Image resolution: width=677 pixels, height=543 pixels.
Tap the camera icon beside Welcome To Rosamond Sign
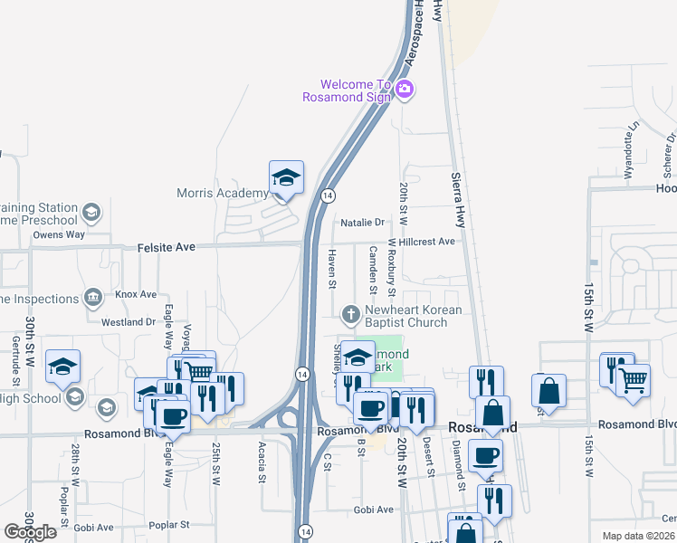point(405,89)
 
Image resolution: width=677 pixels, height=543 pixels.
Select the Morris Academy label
point(223,193)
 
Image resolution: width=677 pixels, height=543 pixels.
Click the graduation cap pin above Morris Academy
point(286,177)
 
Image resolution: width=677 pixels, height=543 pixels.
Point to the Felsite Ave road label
point(167,246)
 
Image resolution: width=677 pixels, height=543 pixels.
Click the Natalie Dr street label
point(363,222)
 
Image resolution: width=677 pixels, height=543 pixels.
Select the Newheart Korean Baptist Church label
point(413,316)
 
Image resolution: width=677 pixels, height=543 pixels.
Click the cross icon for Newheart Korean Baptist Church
point(351,315)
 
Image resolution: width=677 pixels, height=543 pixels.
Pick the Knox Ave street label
point(136,294)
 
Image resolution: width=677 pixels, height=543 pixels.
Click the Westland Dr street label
point(129,321)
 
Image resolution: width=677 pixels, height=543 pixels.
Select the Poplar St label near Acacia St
point(170,524)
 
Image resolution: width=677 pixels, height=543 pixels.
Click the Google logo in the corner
point(30,532)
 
